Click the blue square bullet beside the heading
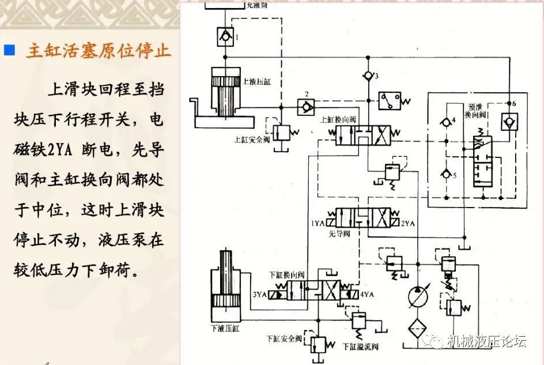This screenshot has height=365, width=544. pos(9,50)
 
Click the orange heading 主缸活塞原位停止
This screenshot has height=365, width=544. pos(98,51)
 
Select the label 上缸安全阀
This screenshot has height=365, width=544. pos(247,139)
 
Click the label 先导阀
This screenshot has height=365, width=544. pos(339,234)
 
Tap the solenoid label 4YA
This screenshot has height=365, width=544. pos(367,295)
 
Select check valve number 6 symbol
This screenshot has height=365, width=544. pos(509,121)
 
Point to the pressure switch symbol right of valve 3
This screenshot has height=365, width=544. pos(391,102)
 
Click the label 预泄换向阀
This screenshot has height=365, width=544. pos(477,112)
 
